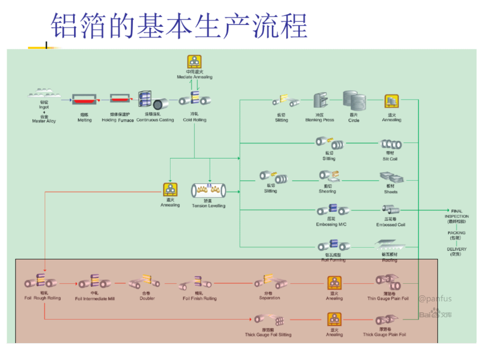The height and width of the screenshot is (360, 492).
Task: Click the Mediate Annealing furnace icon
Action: click(x=195, y=62)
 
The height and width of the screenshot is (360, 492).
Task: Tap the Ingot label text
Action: click(x=44, y=107)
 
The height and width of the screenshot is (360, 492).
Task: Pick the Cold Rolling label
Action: click(x=195, y=120)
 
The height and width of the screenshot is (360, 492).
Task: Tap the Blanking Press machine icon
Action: click(x=320, y=101)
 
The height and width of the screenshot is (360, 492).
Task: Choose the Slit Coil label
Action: click(x=390, y=159)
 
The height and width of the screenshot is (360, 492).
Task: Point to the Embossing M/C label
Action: click(x=331, y=224)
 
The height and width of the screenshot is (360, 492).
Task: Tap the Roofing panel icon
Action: click(x=390, y=245)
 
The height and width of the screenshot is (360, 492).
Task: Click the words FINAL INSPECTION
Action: click(x=457, y=214)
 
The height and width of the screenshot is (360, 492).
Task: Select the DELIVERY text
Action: click(x=457, y=249)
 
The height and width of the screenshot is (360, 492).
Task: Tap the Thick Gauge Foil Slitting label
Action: click(x=268, y=335)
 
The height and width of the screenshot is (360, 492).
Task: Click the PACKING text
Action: click(x=457, y=233)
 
